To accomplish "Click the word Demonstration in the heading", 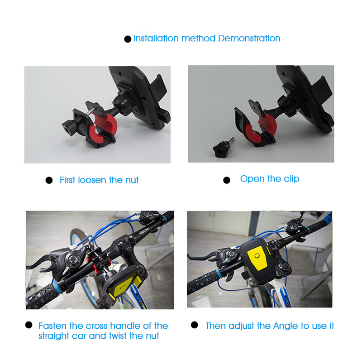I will click(249, 38).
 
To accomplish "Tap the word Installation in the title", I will click(156, 38).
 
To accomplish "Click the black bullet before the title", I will click(128, 39).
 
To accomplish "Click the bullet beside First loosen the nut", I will click(49, 181).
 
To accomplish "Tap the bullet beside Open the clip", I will click(227, 180).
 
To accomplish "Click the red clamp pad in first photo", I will click(105, 125).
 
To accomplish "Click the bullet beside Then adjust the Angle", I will click(195, 325).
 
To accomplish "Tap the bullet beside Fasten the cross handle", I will click(29, 325).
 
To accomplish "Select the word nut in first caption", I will click(131, 180).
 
